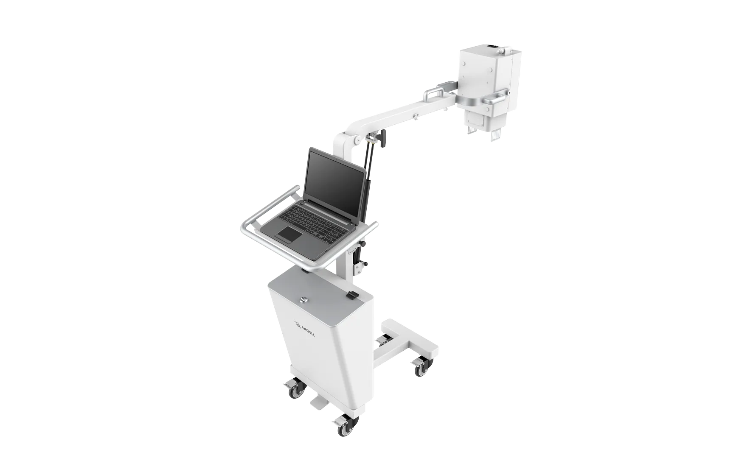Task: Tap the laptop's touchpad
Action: pyautogui.click(x=289, y=234)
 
